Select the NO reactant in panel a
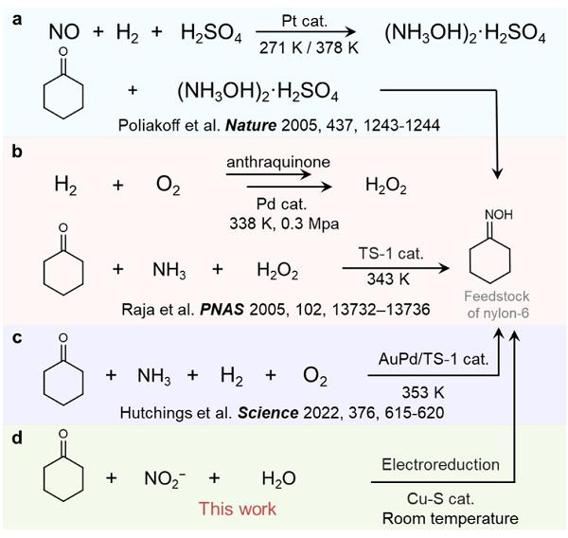64,33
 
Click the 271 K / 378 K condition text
309,46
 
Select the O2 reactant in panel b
169,187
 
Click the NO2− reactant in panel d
166,479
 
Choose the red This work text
236,509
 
